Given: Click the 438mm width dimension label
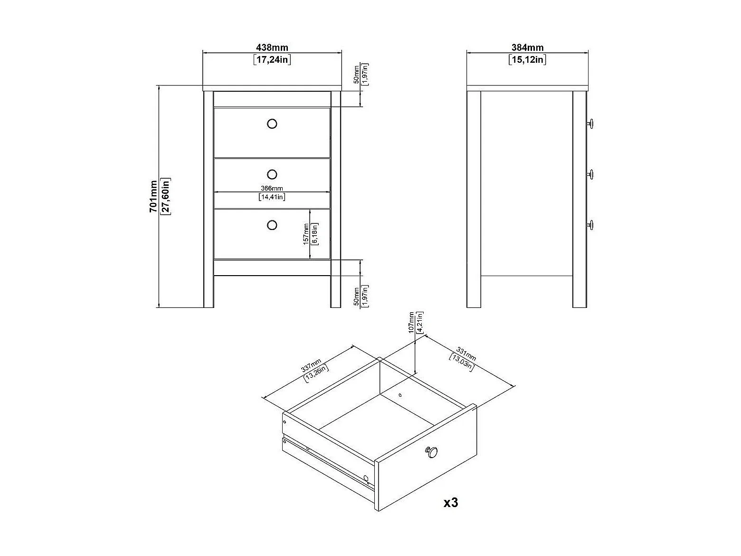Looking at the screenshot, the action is tap(272, 48).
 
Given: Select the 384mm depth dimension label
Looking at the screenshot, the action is tap(527, 48).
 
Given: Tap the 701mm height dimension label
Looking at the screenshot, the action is tap(153, 196).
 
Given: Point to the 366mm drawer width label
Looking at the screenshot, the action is tap(272, 189).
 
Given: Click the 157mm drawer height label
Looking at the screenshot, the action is tap(306, 235).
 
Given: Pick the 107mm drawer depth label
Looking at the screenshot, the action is tap(411, 323).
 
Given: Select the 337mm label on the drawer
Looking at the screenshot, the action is tap(311, 367).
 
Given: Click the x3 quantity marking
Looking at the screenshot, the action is tap(450, 502).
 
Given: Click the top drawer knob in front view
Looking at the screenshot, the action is tap(272, 124).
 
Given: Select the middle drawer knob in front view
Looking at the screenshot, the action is tap(272, 174).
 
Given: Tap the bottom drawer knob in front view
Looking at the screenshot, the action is tap(272, 225).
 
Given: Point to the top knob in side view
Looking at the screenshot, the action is tap(590, 124).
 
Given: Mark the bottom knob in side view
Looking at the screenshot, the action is tap(590, 225).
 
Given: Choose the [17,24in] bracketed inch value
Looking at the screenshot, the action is tap(272, 59).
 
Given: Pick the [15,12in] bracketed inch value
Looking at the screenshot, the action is tap(527, 59).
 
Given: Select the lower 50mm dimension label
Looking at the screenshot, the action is tap(357, 297).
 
